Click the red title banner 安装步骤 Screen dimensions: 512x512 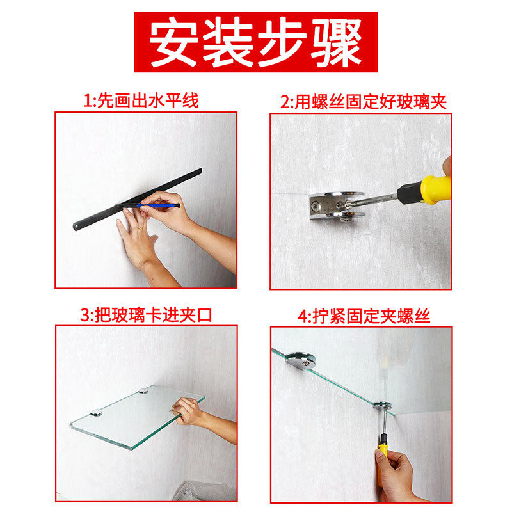255,42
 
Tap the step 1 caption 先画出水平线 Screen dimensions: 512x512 148,100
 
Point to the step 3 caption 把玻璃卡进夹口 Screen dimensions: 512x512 154,316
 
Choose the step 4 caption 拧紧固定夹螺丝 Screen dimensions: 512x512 371,316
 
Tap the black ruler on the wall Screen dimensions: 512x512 137,199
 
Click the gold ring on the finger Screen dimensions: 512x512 140,228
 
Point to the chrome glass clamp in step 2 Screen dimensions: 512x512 337,205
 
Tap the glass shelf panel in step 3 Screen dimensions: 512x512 137,417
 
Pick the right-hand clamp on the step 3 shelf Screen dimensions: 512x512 143,390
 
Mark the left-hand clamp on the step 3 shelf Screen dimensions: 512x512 97,413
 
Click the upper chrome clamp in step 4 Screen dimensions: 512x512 301,360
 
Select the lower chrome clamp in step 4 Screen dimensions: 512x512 383,406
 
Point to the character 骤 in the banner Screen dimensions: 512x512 337,42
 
